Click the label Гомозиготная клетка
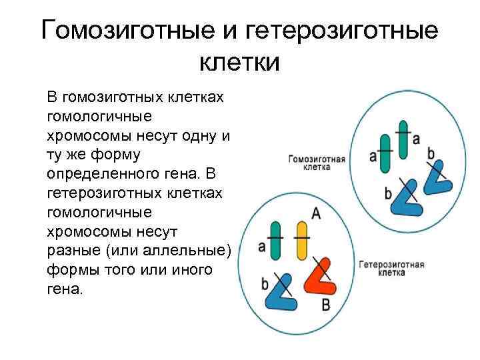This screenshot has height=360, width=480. (316, 163)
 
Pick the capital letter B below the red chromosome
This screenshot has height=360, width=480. (326, 305)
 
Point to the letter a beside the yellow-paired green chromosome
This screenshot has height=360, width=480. (261, 246)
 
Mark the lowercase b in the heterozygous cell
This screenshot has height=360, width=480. (265, 285)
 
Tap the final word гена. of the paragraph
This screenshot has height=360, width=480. (66, 290)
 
